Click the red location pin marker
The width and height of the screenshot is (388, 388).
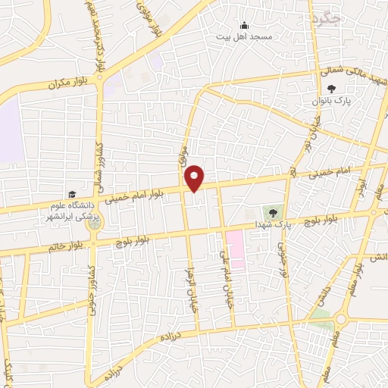[x=195, y=177]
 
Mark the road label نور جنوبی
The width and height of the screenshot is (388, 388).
[x=281, y=261]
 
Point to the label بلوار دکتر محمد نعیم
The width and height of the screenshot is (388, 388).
[x=102, y=34]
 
